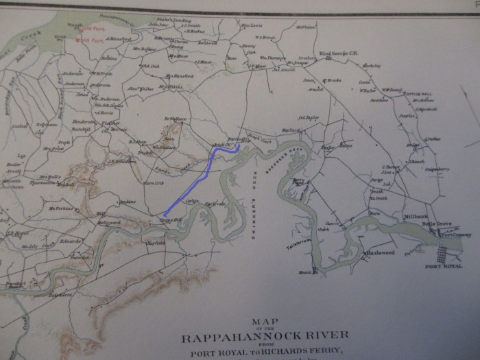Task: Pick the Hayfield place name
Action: click(156, 243)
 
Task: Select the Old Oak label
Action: click(150, 66)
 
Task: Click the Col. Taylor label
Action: click(311, 117)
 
